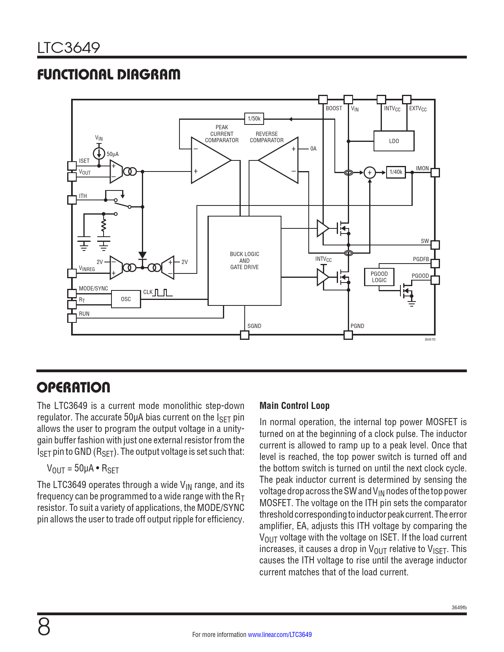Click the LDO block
(x=394, y=141)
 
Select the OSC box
(x=126, y=299)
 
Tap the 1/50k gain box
(x=254, y=119)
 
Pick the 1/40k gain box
(x=396, y=172)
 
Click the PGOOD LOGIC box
(x=379, y=277)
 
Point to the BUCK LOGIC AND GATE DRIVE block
(x=244, y=261)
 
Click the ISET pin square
(x=72, y=166)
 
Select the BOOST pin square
(x=323, y=99)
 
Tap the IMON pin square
(x=435, y=172)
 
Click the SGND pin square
(x=245, y=335)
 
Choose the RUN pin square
(x=72, y=318)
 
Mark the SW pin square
(x=435, y=245)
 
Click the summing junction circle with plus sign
(x=370, y=173)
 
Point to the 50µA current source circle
(x=99, y=153)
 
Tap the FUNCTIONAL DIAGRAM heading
(x=109, y=74)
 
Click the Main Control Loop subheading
(x=294, y=406)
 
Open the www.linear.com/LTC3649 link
(x=279, y=635)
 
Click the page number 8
(x=44, y=627)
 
